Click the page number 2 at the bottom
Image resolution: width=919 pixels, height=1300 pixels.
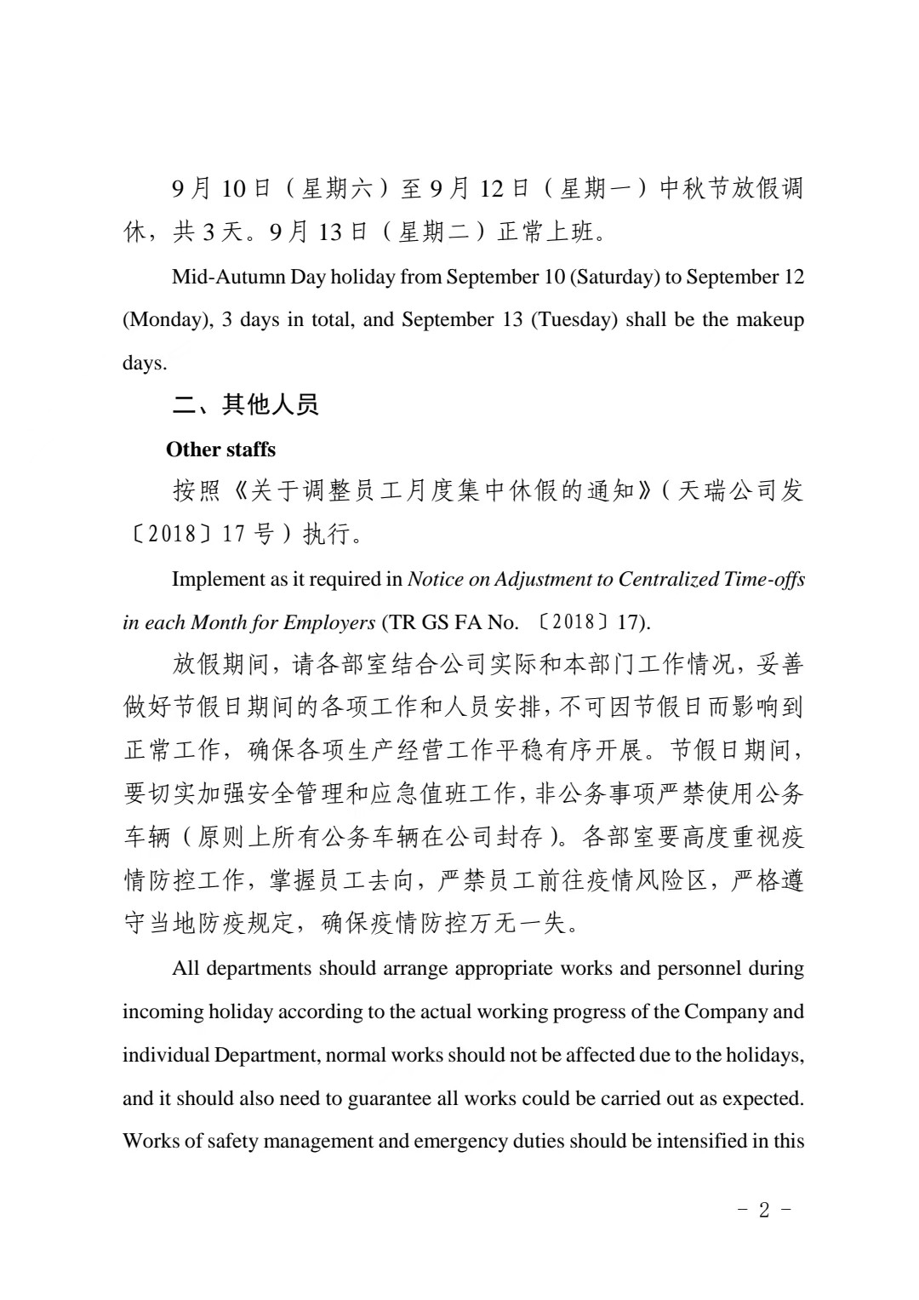(763, 1210)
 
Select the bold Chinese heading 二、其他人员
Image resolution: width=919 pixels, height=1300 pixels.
(245, 404)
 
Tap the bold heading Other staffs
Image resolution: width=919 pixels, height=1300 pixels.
(221, 450)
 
